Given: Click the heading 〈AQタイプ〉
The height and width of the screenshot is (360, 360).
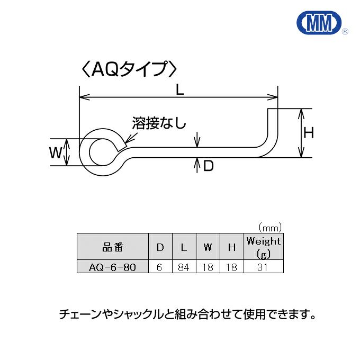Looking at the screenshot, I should [x=126, y=69].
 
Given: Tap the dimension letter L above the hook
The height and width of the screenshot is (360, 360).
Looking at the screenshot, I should [x=180, y=90].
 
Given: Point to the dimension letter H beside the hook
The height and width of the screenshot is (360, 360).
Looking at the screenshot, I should [x=309, y=133].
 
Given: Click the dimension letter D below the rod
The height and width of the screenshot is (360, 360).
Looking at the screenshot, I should [x=208, y=166].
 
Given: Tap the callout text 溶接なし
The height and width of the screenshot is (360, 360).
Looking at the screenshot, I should [x=159, y=124].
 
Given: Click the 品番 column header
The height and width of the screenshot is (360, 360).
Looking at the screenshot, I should [x=112, y=247].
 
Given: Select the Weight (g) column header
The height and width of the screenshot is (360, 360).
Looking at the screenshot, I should [x=263, y=247].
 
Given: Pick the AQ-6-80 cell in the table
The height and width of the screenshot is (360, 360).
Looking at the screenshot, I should [x=112, y=267].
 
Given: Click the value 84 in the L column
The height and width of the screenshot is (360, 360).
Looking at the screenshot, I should [x=184, y=267].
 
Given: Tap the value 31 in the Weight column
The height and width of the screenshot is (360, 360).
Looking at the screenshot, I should [x=263, y=267].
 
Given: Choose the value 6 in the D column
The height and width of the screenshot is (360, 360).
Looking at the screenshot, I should [x=159, y=267].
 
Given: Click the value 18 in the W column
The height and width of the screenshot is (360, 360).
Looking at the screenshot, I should [x=208, y=267].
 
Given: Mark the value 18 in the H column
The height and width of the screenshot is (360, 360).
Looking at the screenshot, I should [x=231, y=267].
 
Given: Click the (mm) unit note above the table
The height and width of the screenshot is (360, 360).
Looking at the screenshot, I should [x=269, y=227].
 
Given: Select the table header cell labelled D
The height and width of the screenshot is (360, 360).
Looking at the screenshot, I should [x=159, y=247].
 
